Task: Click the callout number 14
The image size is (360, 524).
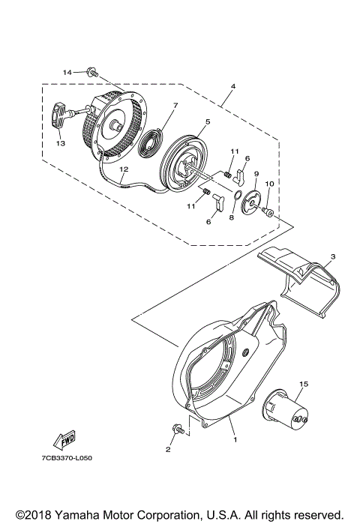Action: click(x=67, y=73)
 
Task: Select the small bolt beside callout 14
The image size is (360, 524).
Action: click(x=91, y=73)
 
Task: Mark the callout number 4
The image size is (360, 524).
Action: click(x=233, y=86)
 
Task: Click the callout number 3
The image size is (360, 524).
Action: click(x=332, y=256)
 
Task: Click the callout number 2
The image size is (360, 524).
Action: click(x=168, y=451)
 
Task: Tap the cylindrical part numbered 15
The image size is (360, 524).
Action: click(x=289, y=412)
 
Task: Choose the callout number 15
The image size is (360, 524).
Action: click(x=304, y=385)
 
